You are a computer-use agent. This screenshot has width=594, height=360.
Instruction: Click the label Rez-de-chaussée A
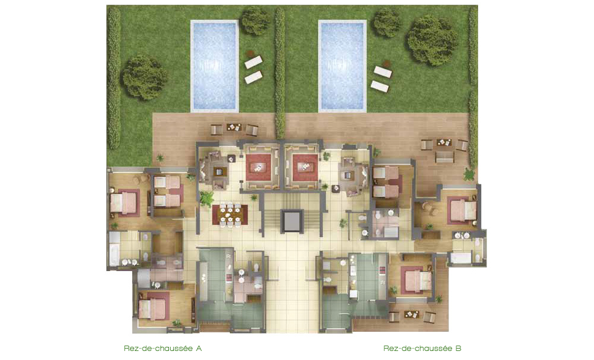click(163, 348)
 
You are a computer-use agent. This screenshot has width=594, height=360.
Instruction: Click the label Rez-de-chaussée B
click(423, 348)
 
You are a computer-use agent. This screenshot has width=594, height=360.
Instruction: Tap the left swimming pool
click(215, 66)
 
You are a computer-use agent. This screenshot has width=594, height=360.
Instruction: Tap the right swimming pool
click(343, 66)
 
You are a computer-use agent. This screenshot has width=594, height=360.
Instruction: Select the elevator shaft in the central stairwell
click(292, 221)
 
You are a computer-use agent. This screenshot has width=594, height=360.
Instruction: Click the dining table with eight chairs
click(230, 215)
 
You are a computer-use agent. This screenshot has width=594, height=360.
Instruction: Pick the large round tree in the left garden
click(144, 77)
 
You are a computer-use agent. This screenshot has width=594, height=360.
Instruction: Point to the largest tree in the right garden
click(432, 40)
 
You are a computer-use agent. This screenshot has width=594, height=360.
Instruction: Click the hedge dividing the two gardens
click(280, 73)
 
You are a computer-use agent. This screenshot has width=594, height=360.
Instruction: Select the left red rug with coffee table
click(260, 167)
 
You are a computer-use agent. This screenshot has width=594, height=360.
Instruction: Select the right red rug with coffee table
click(305, 167)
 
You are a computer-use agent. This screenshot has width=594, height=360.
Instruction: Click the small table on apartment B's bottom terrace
click(412, 315)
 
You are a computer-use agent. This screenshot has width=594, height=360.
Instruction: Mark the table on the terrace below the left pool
click(234, 127)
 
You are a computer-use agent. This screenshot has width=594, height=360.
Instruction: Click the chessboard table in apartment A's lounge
click(219, 172)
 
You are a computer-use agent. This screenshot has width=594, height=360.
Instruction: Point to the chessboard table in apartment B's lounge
click(347, 175)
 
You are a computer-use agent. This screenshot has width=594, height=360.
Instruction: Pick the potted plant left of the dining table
click(207, 198)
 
